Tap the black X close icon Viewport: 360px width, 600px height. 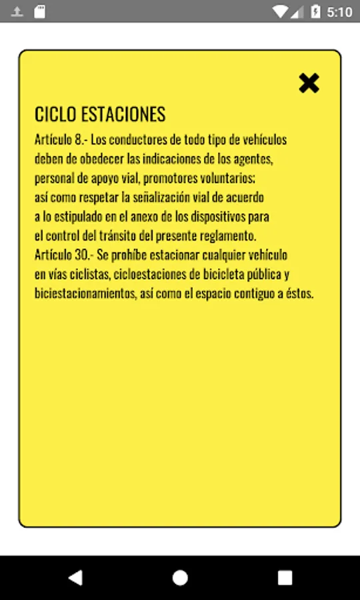309,83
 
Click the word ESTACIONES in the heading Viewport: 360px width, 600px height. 123,114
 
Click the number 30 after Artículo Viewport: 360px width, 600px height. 84,255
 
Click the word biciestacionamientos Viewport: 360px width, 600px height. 85,293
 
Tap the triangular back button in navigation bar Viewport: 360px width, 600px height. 75,577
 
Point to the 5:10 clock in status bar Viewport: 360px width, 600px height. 340,11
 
